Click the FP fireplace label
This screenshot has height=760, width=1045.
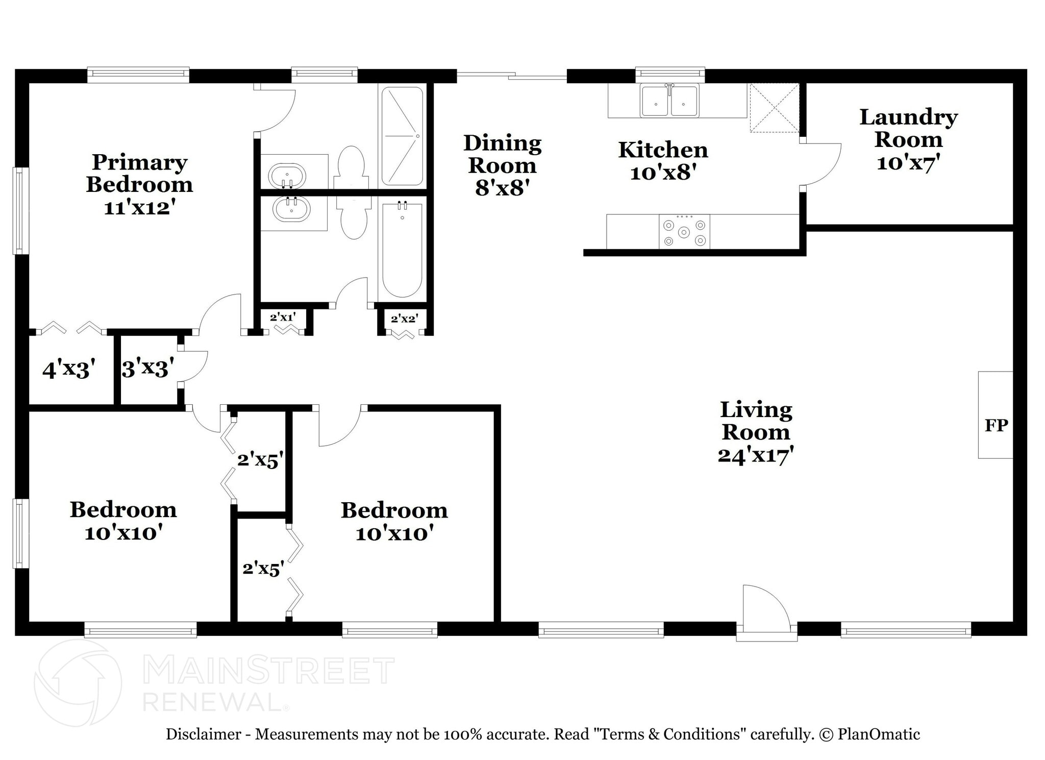tap(996, 425)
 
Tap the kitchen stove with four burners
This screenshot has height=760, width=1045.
tap(684, 232)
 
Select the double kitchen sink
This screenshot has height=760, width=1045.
tap(669, 100)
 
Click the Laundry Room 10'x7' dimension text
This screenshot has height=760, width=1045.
tap(908, 163)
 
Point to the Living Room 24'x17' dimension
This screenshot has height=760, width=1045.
tap(756, 455)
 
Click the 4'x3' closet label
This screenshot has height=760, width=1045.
tap(69, 370)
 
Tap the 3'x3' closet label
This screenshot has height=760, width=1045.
tap(148, 367)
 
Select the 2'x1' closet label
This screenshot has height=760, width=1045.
tap(283, 317)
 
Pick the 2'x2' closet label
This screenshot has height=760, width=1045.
tap(405, 319)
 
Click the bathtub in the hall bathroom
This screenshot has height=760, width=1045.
tap(403, 249)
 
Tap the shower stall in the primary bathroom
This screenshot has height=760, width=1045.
tap(403, 136)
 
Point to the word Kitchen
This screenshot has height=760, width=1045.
tap(663, 150)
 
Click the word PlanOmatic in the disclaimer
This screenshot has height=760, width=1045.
tap(879, 734)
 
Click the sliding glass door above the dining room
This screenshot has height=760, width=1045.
tap(511, 77)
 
